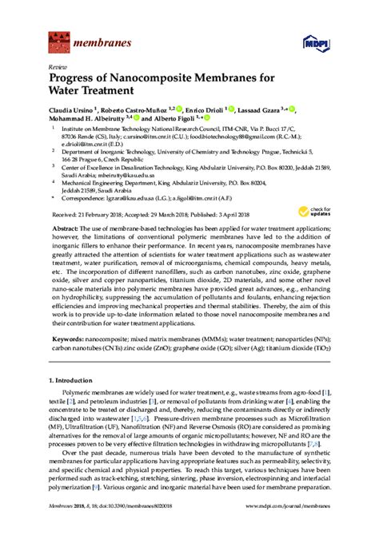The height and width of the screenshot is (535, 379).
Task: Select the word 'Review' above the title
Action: pyautogui.click(x=58, y=68)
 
